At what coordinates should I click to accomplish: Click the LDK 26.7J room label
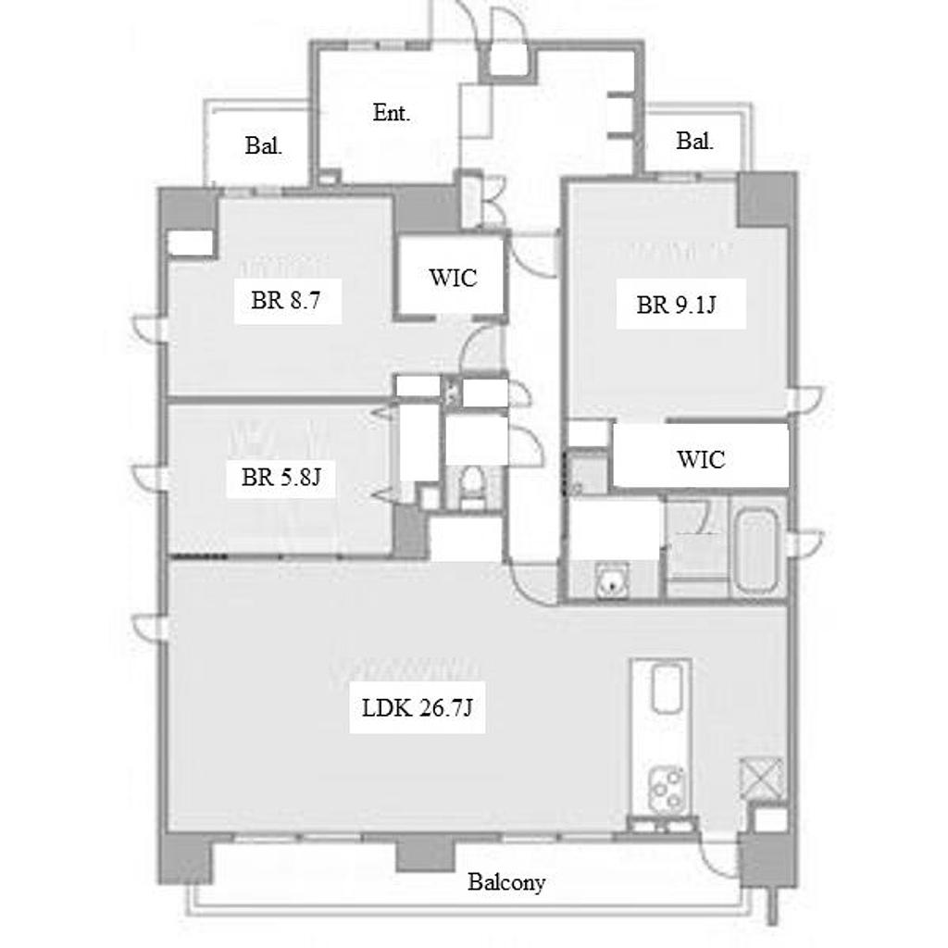pos(418,707)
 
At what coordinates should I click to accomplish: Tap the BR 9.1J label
pos(676,305)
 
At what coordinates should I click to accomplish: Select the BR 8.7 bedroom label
pos(285,301)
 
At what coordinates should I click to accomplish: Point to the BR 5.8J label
pos(281,477)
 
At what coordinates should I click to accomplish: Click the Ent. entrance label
pos(392,113)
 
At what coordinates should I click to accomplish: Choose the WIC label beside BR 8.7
pos(453,278)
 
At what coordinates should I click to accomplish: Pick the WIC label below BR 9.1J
pos(701,459)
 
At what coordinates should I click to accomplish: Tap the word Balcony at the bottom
pos(506,882)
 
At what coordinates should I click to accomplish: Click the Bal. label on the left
pos(264,145)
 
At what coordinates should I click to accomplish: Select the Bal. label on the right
pos(694,141)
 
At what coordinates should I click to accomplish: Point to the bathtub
pos(755,552)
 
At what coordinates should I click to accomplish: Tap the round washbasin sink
pos(612,581)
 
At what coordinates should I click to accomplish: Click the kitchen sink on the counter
pos(667,688)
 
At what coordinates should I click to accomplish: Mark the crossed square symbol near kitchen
pos(761,778)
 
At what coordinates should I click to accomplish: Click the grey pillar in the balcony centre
pos(425,853)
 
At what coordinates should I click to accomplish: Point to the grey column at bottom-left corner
pos(186,858)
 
